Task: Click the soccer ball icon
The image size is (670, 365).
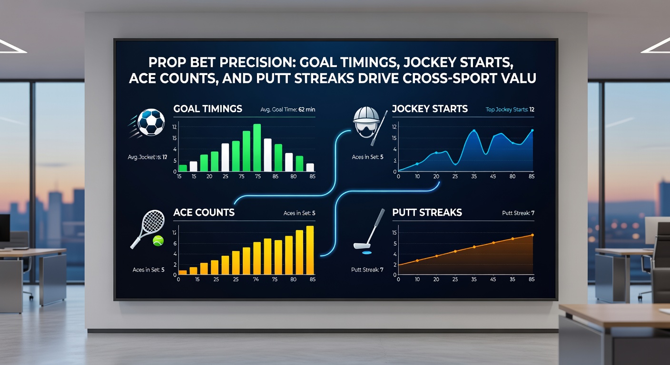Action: pos(151,123)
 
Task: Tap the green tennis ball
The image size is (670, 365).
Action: pos(157,242)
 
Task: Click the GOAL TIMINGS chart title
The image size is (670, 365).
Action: pos(208,109)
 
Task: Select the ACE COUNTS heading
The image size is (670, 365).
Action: pos(204,212)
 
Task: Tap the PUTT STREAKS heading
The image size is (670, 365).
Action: pos(427,212)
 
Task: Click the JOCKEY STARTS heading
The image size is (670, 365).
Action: pos(430,109)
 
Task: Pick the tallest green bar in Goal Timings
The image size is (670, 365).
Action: pos(257,147)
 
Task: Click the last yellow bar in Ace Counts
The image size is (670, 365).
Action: pos(310,250)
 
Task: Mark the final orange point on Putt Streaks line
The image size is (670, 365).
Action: pos(532,235)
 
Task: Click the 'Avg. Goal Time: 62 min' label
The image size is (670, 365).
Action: pos(288,110)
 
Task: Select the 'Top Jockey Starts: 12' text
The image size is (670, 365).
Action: pos(510,110)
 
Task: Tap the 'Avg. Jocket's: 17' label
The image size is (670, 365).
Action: pos(147,157)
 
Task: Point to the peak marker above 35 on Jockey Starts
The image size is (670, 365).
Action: pos(474,130)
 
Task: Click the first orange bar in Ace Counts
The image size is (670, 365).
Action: pos(183,272)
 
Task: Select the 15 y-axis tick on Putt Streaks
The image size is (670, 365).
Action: pos(394,232)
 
